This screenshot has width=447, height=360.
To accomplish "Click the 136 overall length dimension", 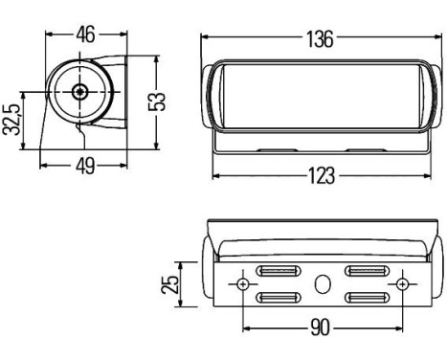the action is [x=320, y=39].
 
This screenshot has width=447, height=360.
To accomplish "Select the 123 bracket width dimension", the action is [x=322, y=176].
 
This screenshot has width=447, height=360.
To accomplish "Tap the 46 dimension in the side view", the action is [x=85, y=34].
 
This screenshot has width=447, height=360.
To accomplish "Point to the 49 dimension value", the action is [x=85, y=166].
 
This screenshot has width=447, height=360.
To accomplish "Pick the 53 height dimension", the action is [x=157, y=101].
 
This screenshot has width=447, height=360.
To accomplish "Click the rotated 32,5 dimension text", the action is [x=11, y=120].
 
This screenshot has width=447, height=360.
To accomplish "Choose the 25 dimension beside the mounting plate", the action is [x=170, y=284].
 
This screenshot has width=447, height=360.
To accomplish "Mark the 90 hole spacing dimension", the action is [x=320, y=328].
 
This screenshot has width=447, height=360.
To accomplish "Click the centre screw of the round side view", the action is [x=80, y=92].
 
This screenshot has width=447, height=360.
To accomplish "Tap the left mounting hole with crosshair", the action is [x=243, y=284].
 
